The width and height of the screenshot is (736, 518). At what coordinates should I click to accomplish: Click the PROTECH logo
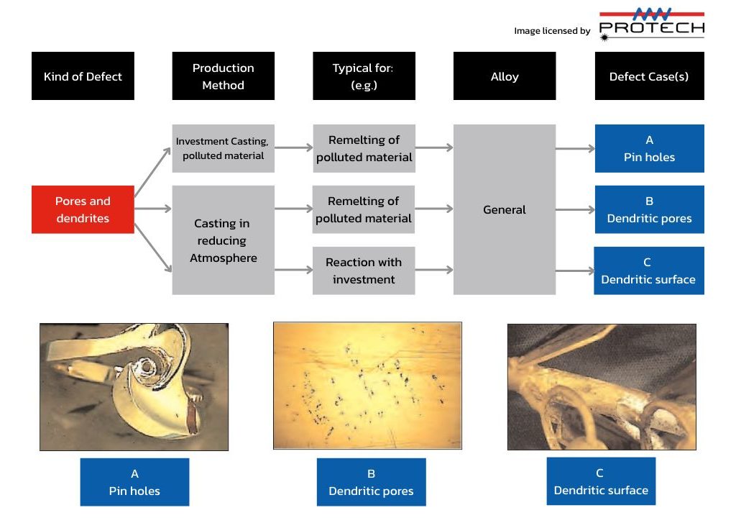651,24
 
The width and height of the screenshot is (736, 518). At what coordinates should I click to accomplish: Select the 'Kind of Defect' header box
83,76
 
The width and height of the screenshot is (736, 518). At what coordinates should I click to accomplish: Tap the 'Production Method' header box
223,76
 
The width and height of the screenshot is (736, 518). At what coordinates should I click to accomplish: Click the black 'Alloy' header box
505,76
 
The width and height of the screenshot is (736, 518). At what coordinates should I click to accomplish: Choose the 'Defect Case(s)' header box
649,76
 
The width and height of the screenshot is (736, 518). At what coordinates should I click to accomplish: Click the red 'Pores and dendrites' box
83,209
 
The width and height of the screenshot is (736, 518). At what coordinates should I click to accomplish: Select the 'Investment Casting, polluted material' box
223,148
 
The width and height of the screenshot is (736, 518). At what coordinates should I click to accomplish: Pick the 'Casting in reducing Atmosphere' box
223,240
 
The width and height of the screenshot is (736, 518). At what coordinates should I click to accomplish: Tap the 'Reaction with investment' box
364,271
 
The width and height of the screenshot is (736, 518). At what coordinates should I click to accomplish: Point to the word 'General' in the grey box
505,209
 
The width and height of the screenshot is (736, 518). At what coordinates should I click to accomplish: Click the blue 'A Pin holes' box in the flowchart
649,148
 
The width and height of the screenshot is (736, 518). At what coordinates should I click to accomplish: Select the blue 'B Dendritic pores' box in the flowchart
649,209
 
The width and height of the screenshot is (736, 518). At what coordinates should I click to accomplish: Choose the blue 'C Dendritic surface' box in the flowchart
649,271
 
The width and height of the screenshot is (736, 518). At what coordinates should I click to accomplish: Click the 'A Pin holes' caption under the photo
134,482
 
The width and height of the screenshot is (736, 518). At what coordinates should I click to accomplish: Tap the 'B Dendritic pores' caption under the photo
372,482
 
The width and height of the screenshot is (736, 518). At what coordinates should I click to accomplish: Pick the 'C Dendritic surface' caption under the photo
601,481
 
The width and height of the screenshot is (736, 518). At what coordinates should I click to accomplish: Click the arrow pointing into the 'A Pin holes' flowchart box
575,148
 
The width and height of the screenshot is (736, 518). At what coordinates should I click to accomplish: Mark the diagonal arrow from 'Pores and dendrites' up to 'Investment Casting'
152,171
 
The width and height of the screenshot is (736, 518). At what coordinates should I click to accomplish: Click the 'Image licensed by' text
552,30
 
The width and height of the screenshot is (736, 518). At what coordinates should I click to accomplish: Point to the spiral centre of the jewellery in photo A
147,366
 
